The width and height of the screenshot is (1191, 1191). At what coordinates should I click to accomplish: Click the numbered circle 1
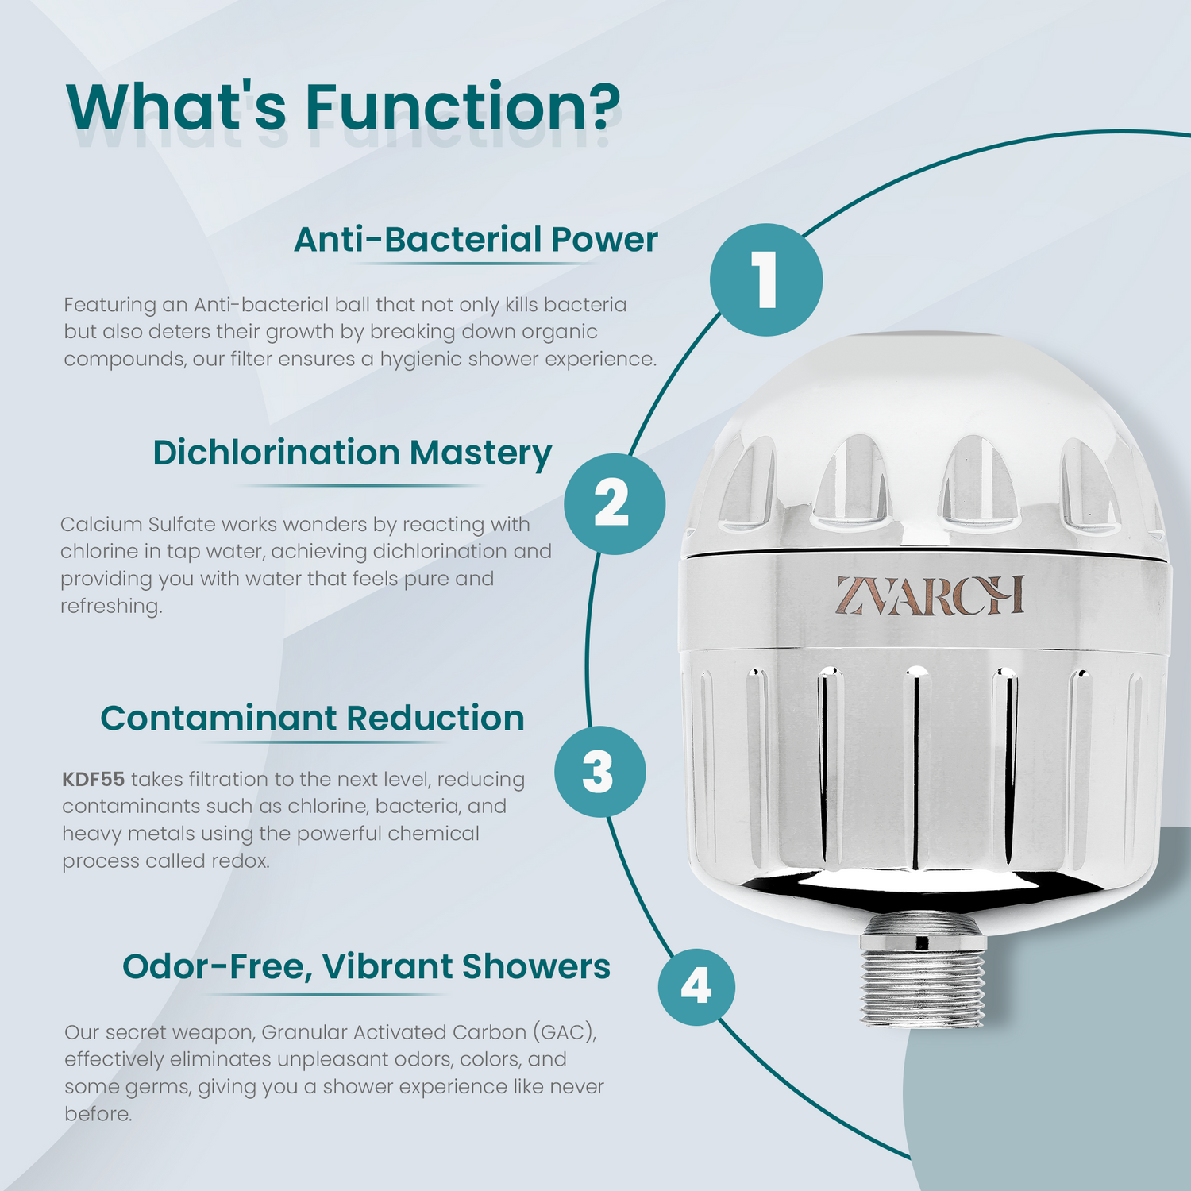(765, 279)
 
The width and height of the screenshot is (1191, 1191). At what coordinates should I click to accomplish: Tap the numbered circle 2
(615, 504)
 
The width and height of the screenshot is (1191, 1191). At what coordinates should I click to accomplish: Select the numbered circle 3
(600, 772)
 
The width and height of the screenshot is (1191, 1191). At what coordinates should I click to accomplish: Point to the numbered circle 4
(696, 987)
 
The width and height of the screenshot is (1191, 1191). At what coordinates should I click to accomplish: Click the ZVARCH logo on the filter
(929, 595)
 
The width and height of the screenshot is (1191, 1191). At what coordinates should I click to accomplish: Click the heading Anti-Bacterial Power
(476, 240)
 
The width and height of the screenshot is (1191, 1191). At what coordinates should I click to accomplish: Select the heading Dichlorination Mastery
(352, 453)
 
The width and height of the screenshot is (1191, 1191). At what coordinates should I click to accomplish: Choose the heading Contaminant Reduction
(312, 719)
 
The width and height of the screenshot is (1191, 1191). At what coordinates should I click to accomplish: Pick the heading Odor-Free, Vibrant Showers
(366, 967)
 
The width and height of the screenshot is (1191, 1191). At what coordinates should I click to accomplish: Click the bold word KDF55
(94, 779)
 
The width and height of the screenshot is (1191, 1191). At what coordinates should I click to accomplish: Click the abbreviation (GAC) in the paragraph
(565, 1032)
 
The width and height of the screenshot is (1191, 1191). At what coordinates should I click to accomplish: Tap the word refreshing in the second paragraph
(111, 607)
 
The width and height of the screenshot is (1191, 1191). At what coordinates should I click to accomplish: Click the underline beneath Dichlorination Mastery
(360, 485)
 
